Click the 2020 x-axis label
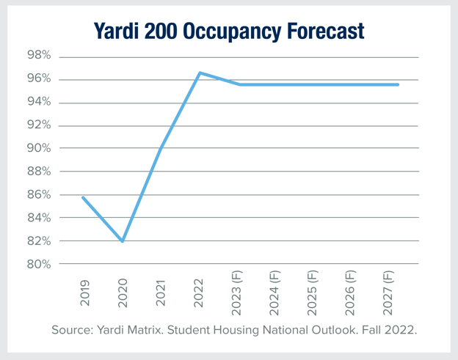[x=122, y=291]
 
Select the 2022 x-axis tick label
[x=199, y=291]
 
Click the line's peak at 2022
[x=200, y=73]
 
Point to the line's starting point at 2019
[x=83, y=197]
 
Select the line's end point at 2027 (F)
[x=398, y=84]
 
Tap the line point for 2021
[x=161, y=149]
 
